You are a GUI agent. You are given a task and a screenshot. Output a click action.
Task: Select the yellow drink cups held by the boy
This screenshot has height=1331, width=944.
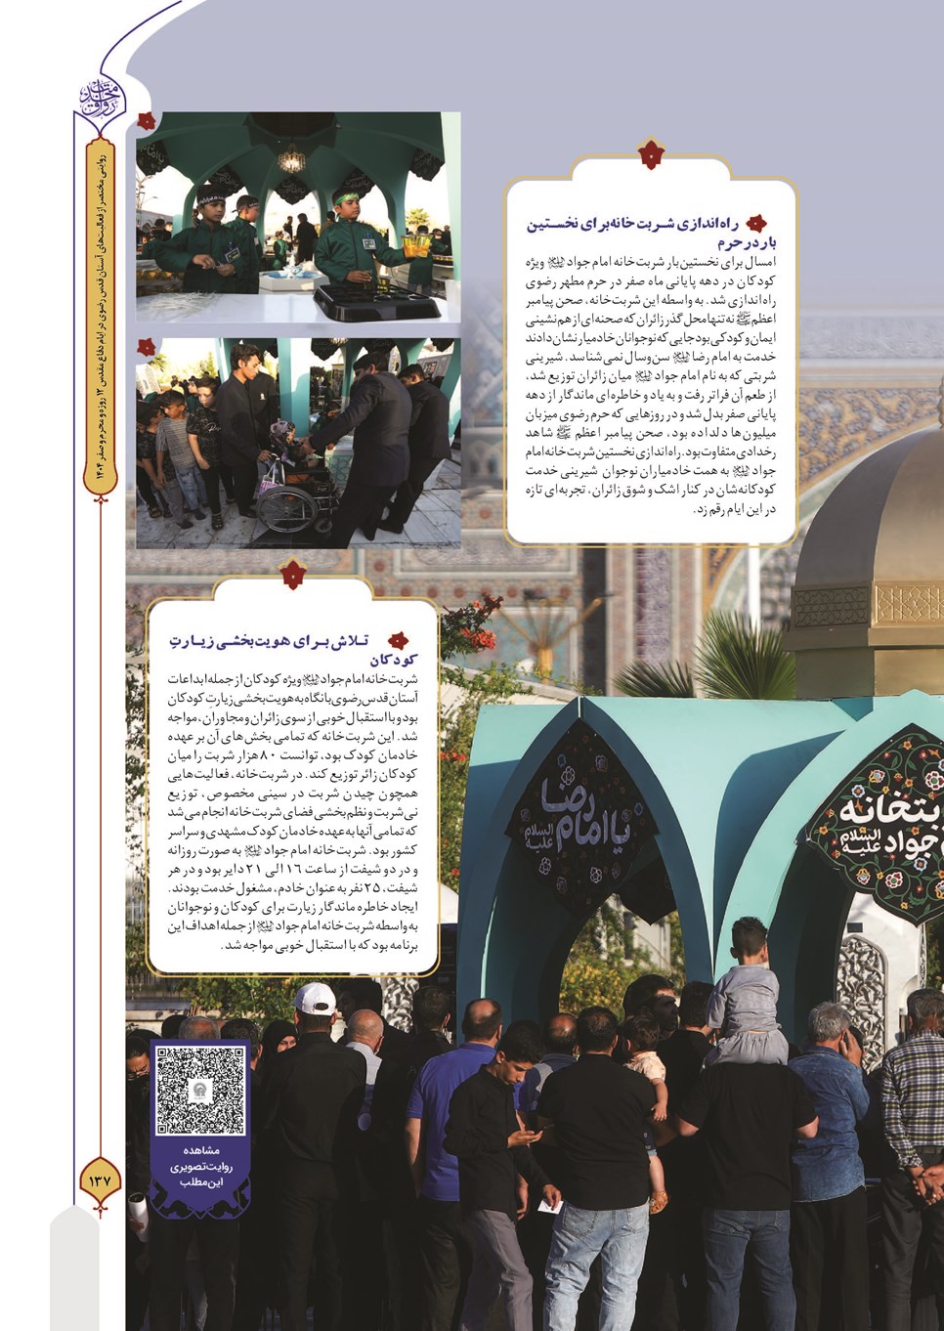(x=418, y=241)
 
